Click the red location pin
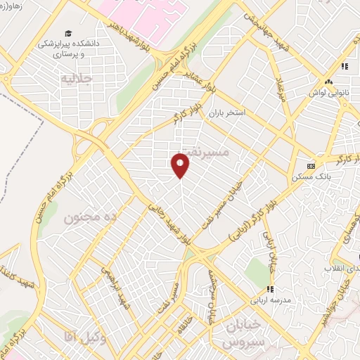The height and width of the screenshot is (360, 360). [x=181, y=165]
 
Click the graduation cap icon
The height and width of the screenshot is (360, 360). [x=68, y=33]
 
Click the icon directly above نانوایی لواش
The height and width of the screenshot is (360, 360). [x=344, y=67]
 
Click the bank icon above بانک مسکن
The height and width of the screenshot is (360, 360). [x=310, y=166]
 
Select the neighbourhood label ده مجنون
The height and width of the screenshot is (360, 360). [x=89, y=219]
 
